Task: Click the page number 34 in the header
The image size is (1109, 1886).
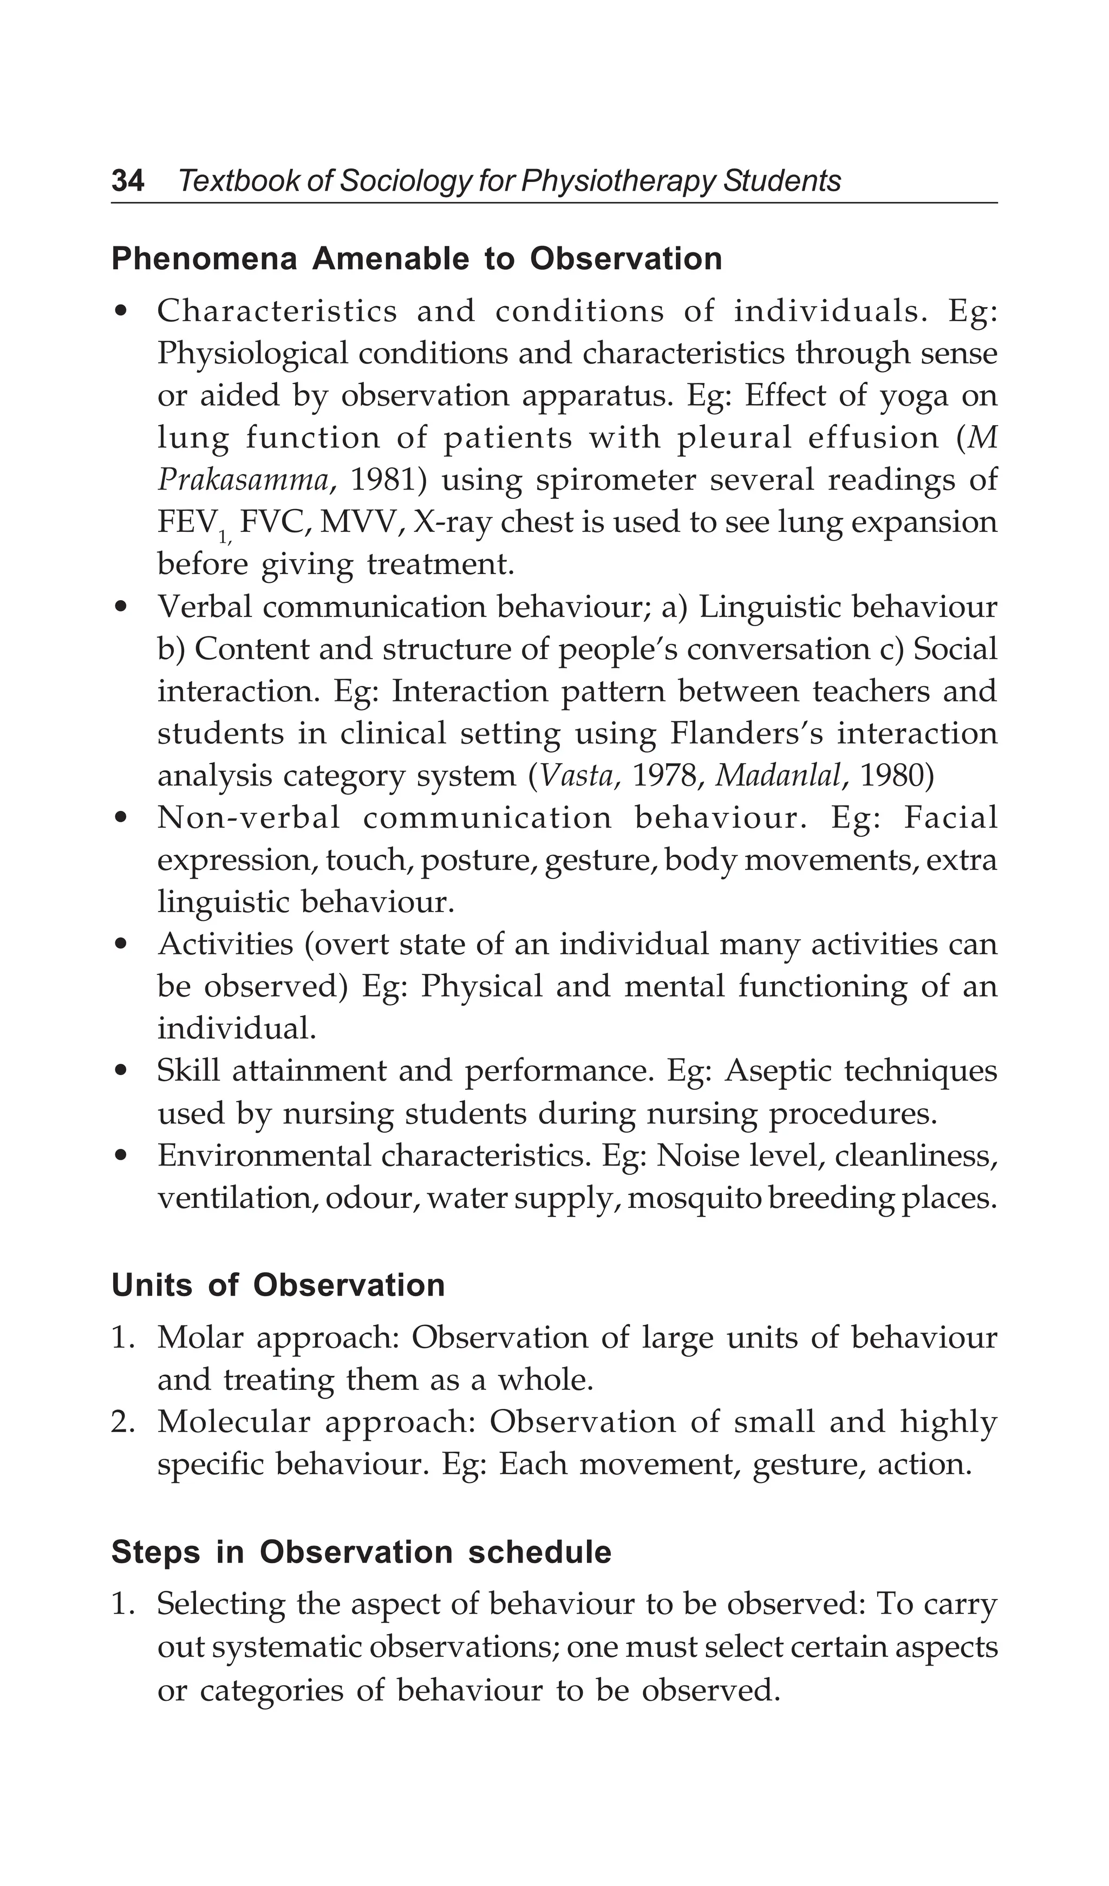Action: tap(127, 181)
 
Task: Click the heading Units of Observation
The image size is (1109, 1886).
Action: tap(278, 1286)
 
